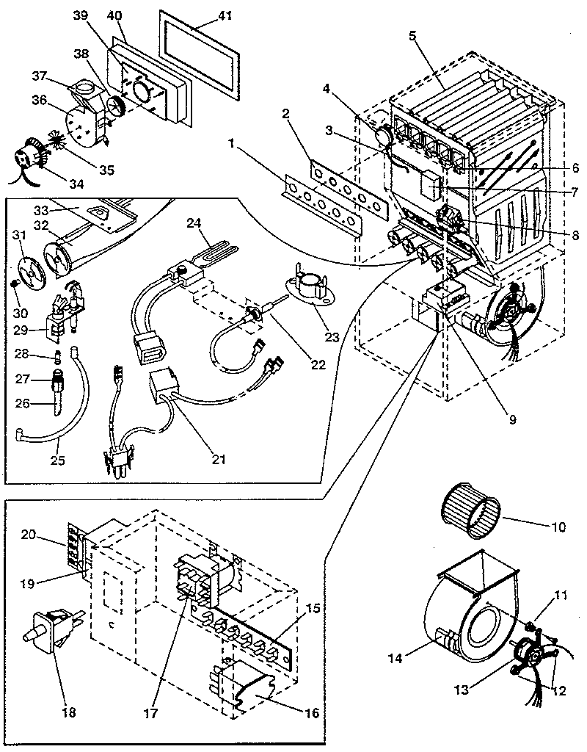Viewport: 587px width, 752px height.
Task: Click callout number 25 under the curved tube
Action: click(x=56, y=460)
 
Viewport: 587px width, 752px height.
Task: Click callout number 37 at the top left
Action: click(x=40, y=76)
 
